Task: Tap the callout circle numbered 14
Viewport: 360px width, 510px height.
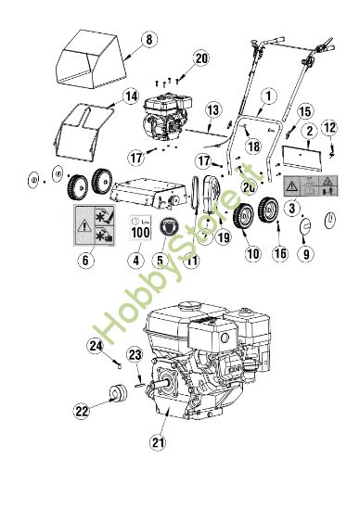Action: click(x=131, y=96)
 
